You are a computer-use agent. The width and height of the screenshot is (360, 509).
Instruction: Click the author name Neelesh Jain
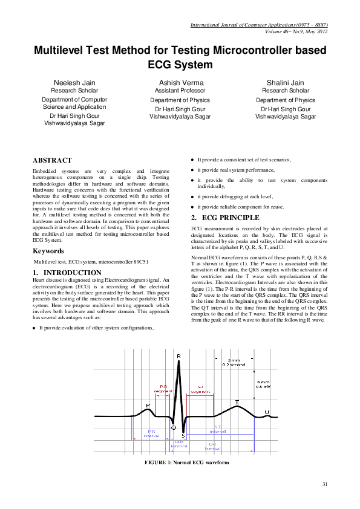point(74,81)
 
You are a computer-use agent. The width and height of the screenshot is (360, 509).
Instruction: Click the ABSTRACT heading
point(52,161)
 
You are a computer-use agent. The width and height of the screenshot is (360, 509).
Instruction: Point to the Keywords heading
point(48,250)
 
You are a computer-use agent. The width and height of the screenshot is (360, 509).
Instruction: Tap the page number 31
point(324,484)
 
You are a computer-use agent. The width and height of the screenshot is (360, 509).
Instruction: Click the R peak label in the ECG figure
point(178,357)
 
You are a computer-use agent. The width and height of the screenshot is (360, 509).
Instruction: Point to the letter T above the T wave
point(237,402)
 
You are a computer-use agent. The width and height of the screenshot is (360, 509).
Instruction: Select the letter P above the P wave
point(148,405)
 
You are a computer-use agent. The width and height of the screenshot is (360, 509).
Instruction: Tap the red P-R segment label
point(163,388)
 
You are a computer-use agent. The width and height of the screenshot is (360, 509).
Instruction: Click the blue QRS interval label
point(180,444)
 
